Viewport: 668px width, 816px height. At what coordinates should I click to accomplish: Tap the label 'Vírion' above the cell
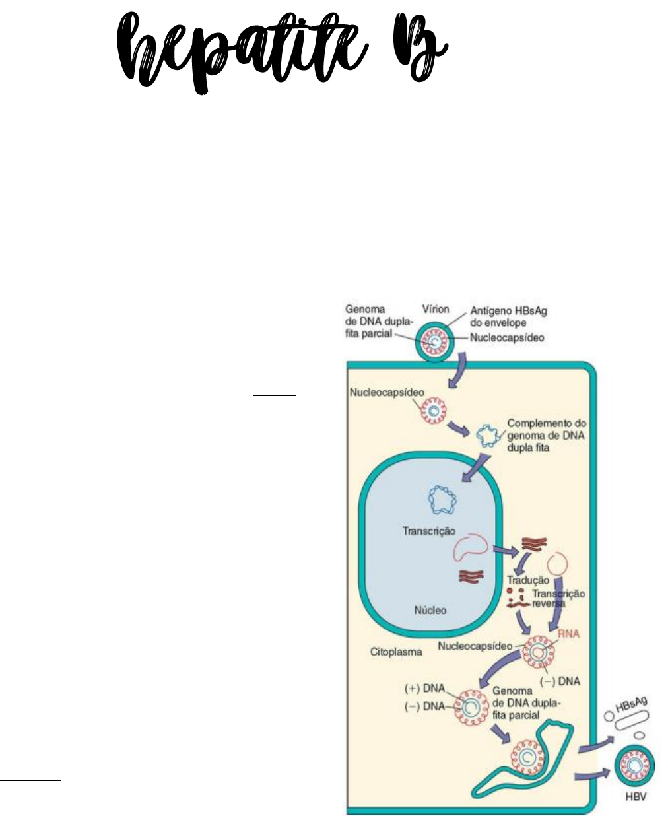click(436, 308)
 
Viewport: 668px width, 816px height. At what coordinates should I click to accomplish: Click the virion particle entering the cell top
click(434, 343)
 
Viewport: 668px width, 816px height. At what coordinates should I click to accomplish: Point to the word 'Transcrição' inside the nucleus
click(429, 531)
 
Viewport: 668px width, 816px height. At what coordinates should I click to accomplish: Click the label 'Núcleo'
click(430, 610)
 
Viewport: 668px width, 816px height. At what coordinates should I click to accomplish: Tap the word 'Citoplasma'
click(395, 652)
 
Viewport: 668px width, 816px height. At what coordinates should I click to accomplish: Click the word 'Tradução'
click(527, 580)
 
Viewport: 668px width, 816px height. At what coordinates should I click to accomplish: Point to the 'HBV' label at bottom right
click(636, 797)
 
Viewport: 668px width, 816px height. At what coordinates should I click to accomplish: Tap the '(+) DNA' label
click(424, 688)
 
